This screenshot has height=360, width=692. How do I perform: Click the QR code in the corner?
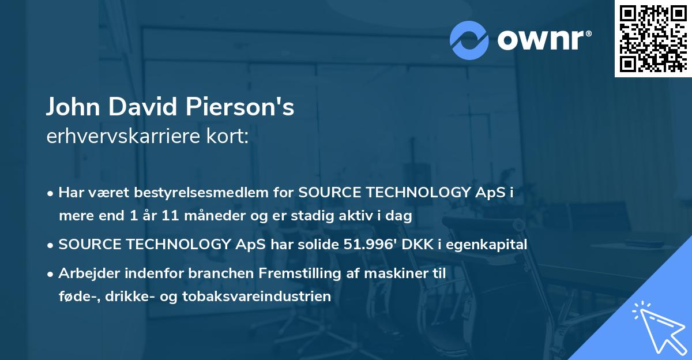pyautogui.click(x=653, y=38)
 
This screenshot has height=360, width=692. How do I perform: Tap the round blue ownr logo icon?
pyautogui.click(x=469, y=40)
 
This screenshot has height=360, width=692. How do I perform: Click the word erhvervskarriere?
pyautogui.click(x=119, y=137)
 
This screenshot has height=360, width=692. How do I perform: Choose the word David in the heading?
pyautogui.click(x=154, y=107)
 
